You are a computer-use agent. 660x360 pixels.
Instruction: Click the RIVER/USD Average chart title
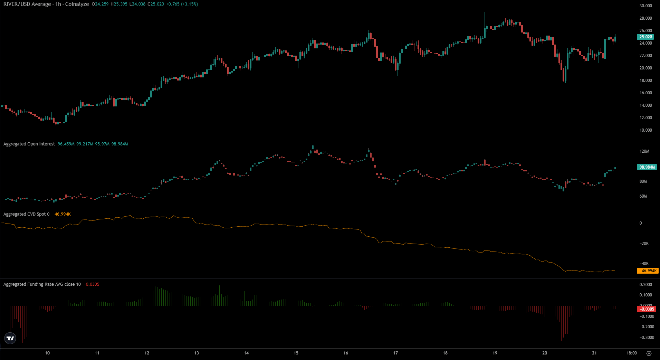pyautogui.click(x=46, y=4)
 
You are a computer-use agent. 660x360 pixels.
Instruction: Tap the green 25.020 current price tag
pyautogui.click(x=645, y=37)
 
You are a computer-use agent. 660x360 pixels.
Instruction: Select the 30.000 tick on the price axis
pyautogui.click(x=645, y=6)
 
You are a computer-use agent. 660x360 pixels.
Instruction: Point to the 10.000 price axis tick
pyautogui.click(x=645, y=130)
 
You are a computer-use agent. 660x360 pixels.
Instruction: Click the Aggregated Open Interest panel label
pyautogui.click(x=29, y=144)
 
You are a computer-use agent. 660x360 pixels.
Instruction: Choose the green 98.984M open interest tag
pyautogui.click(x=647, y=167)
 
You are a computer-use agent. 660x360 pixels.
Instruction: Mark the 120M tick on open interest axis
pyautogui.click(x=644, y=151)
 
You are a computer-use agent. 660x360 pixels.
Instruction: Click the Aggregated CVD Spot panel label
pyautogui.click(x=26, y=214)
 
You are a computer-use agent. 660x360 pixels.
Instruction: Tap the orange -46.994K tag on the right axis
pyautogui.click(x=647, y=271)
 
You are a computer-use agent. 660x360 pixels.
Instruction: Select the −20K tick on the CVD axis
pyautogui.click(x=644, y=244)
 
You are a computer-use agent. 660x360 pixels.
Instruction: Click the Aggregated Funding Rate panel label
pyautogui.click(x=42, y=284)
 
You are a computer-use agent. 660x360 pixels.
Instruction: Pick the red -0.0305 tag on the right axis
pyautogui.click(x=646, y=309)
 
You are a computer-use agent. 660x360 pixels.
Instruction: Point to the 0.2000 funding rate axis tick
pyautogui.click(x=646, y=285)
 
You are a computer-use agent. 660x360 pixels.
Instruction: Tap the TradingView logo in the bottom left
pyautogui.click(x=10, y=338)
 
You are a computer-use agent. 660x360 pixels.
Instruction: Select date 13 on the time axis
pyautogui.click(x=197, y=353)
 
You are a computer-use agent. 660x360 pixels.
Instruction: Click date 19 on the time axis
pyautogui.click(x=495, y=353)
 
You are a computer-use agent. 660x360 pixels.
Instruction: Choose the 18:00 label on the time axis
pyautogui.click(x=631, y=353)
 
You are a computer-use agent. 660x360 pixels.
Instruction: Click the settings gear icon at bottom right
pyautogui.click(x=649, y=353)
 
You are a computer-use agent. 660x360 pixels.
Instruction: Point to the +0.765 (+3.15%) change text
pyautogui.click(x=182, y=4)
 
